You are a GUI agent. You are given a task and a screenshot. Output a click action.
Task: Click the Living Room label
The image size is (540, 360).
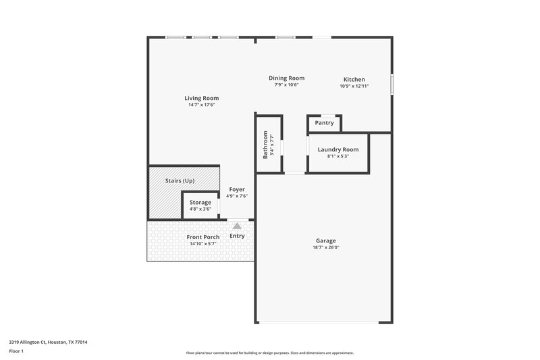201,98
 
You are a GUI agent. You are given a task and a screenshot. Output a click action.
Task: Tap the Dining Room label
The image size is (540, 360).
286,78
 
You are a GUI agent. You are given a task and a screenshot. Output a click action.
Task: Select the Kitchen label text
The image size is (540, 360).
354,79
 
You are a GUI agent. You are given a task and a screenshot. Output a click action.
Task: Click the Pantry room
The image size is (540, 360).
324,123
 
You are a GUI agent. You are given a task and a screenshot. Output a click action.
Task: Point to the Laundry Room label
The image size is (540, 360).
337,149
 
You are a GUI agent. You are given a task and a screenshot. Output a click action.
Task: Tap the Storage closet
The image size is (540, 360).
200,202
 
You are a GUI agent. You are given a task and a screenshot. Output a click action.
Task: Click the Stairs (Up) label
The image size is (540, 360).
180,181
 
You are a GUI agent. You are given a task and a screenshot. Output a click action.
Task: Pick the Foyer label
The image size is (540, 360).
237,189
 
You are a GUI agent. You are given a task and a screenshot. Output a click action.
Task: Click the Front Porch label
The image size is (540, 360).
202,237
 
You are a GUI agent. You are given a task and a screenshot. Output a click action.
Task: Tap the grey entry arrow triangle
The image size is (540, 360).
236,226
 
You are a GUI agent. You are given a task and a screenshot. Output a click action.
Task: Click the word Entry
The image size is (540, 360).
237,236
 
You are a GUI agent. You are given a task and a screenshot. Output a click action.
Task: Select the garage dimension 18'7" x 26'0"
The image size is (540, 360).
325,247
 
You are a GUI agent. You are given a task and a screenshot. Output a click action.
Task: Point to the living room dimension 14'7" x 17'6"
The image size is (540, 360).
201,105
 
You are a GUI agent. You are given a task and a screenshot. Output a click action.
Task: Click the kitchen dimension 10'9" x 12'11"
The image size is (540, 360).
354,86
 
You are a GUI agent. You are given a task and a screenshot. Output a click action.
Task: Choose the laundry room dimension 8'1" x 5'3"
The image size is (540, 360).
337,156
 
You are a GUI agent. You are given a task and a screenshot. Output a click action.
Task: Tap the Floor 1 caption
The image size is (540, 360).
17,351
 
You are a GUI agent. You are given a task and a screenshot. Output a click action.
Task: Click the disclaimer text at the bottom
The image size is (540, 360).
269,353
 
